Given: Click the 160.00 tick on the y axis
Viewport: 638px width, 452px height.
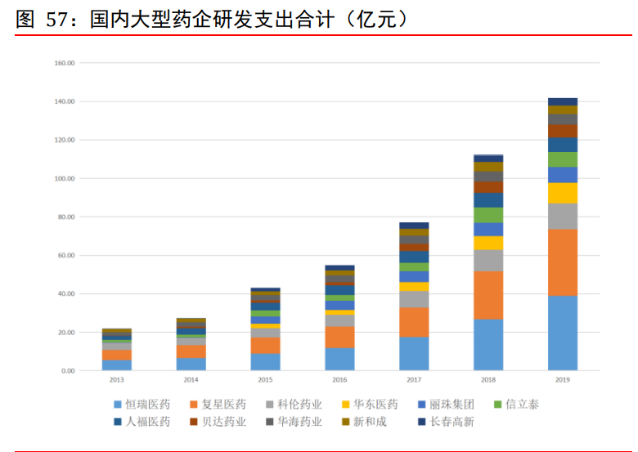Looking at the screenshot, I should tap(65, 63).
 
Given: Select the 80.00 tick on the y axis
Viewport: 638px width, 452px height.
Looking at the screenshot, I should tap(66, 217).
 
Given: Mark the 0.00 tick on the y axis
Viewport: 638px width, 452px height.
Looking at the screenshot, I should tap(68, 371).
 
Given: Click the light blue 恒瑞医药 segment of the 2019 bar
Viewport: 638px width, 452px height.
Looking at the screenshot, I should tap(563, 333).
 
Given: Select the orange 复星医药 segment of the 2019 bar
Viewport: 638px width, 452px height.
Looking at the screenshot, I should tap(563, 262).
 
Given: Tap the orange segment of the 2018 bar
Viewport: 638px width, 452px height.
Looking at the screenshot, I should tap(488, 295).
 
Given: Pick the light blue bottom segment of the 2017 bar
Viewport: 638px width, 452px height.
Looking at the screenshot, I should tap(414, 354).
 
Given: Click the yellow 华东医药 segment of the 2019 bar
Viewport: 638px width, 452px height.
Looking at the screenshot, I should tap(563, 193).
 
